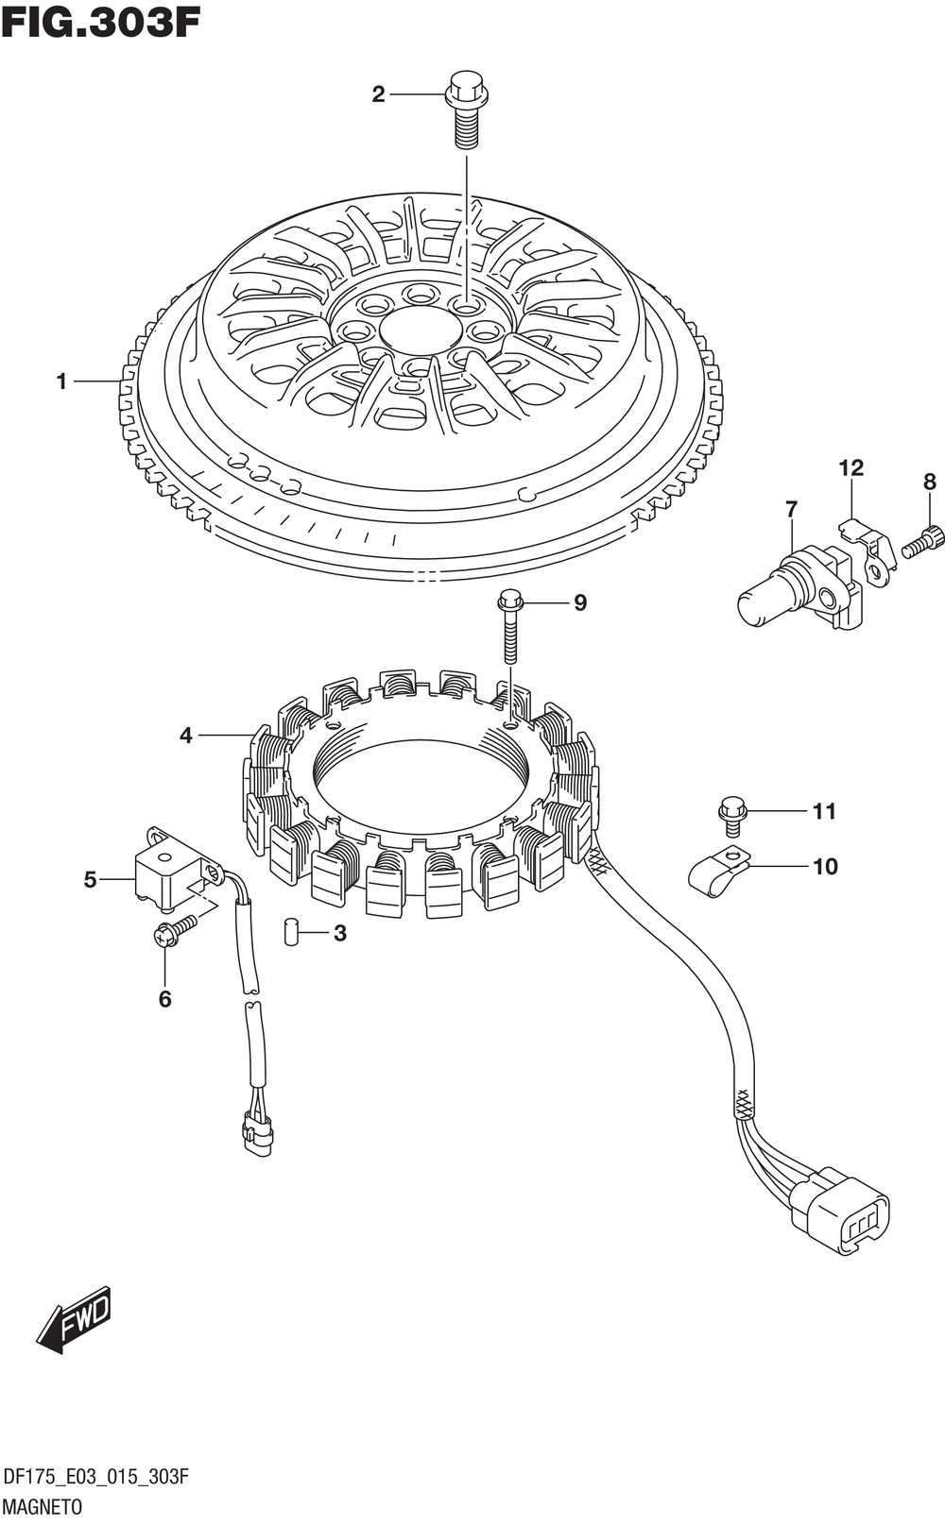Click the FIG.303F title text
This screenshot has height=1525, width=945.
101,22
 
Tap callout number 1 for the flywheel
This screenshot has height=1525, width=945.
62,381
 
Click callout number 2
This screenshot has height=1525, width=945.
378,94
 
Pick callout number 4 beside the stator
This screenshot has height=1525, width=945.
186,735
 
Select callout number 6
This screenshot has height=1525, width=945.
164,998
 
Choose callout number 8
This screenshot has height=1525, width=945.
930,482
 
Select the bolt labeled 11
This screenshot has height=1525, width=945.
732,815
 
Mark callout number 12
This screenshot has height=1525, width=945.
850,467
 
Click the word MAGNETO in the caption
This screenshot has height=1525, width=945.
43,1506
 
